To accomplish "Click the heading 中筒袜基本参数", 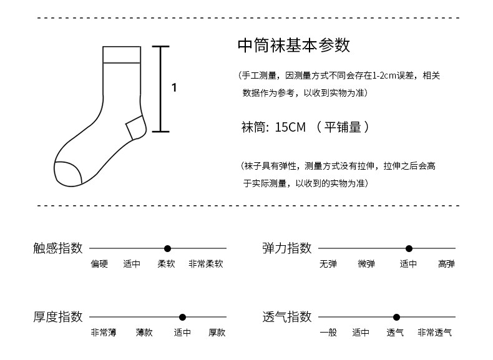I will click(x=293, y=46).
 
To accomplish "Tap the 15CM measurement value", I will click(x=290, y=127).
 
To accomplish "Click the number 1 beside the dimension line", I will click(x=174, y=88).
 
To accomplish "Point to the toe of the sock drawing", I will click(x=67, y=173).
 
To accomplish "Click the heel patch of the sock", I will click(x=135, y=128).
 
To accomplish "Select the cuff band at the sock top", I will click(x=120, y=54).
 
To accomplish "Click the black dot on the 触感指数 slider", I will click(x=167, y=248).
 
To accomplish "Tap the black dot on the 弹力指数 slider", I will click(x=409, y=248).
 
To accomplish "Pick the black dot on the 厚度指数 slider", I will click(x=182, y=317).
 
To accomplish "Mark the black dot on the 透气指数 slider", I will click(x=396, y=317).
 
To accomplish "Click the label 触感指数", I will click(x=58, y=248).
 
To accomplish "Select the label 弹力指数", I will click(x=287, y=248).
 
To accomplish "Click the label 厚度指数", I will click(x=58, y=317).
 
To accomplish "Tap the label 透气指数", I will click(x=287, y=317).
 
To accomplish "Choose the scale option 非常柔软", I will click(x=205, y=264).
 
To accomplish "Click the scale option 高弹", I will click(x=446, y=264).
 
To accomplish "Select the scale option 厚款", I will click(x=217, y=333).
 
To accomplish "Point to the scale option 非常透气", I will click(x=434, y=333).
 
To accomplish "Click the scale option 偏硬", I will click(x=99, y=264).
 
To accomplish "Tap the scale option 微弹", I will click(x=366, y=264).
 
